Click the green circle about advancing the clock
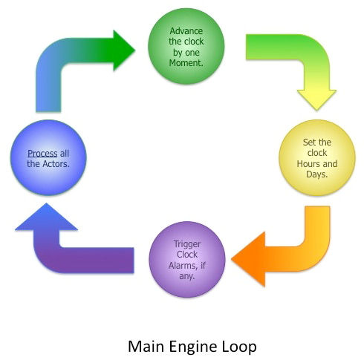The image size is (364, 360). tap(186, 47)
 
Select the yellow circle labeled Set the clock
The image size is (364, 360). tap(317, 158)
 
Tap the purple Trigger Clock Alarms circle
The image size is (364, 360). tap(187, 259)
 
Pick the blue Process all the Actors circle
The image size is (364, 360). tap(48, 157)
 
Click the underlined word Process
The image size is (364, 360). tap(42, 154)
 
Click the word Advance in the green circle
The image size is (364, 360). tap(186, 31)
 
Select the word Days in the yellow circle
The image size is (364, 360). tap(316, 174)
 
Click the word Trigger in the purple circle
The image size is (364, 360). tap(187, 244)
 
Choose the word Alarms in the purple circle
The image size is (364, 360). tap(183, 266)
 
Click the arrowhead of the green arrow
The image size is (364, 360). tap(124, 50)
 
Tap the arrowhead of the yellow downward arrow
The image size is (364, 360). tap(316, 99)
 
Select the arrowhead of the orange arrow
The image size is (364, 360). tap(248, 259)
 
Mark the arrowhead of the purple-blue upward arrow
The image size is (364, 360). tap(46, 217)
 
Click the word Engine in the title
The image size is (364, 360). tap(192, 347)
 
